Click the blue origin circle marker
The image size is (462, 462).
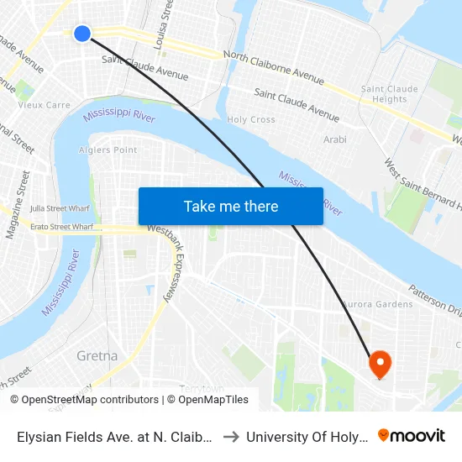click(81, 34)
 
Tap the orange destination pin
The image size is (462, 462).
click(381, 363)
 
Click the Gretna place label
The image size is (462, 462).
click(97, 355)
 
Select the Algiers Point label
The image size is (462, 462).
click(108, 150)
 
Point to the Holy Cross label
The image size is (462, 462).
click(251, 120)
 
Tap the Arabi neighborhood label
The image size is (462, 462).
click(334, 139)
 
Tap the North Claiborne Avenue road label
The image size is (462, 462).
click(274, 68)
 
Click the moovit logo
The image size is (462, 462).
click(412, 435)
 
